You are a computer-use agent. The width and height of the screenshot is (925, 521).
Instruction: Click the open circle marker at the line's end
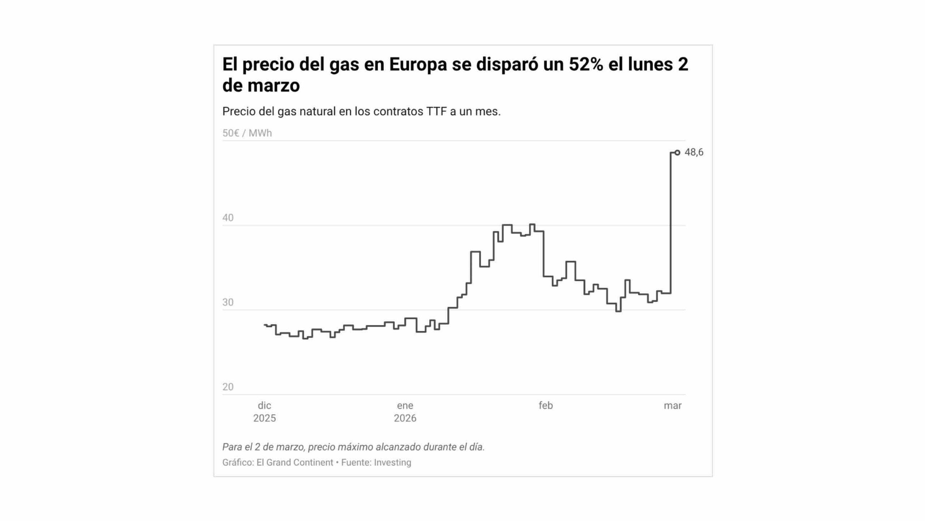coord(677,153)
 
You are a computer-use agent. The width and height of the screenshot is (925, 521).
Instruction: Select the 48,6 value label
coord(694,152)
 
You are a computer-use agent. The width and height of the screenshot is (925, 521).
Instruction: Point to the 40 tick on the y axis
coord(228,218)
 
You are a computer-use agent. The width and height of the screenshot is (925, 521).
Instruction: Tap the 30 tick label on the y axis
coord(228,302)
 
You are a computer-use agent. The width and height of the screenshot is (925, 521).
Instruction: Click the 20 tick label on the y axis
coord(228,387)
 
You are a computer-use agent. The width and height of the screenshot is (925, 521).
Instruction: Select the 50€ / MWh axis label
coord(247,133)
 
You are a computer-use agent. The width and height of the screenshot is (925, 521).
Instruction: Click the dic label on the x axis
coord(264,406)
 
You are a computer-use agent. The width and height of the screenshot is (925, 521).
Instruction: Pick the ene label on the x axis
coord(405,406)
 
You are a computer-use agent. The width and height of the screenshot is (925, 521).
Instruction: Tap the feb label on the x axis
coord(546,406)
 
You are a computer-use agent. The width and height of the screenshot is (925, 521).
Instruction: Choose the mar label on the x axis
coord(672,406)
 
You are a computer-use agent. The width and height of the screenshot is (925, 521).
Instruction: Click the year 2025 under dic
coord(264,418)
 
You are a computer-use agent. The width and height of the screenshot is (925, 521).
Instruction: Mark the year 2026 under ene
coord(405,418)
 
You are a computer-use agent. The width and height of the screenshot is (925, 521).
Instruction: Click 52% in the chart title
coord(586,64)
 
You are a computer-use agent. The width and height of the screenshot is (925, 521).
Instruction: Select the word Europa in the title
coord(418,64)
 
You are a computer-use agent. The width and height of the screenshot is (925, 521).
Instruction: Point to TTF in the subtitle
coord(436,111)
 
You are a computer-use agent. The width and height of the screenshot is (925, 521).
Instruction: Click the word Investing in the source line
coord(392,462)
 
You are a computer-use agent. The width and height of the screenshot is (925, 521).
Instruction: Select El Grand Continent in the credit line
coord(295,462)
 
